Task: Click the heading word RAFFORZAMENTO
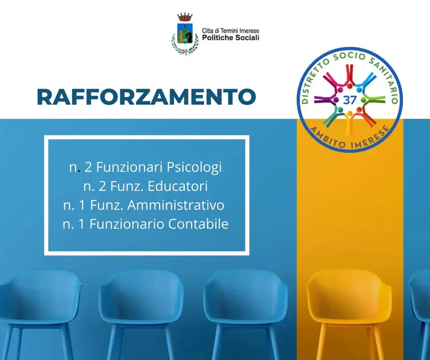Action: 146,97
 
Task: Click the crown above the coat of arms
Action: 185,17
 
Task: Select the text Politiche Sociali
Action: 230,38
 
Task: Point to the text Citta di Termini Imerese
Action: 230,31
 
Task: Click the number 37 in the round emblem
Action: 349,100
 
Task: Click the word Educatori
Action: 177,186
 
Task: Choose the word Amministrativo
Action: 176,205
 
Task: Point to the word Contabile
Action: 198,224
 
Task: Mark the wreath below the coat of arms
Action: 185,46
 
